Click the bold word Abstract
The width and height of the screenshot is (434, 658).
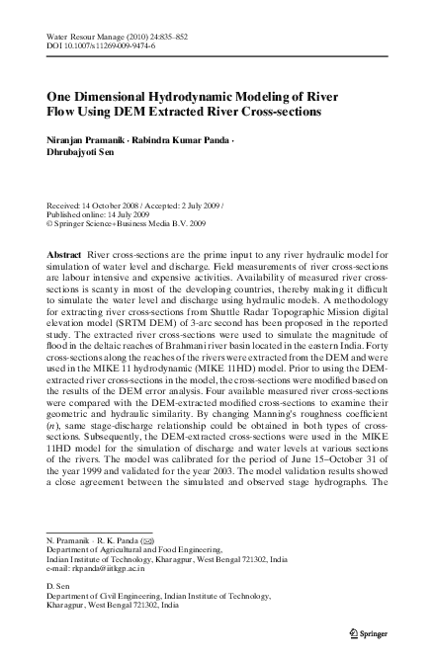click(65, 255)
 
